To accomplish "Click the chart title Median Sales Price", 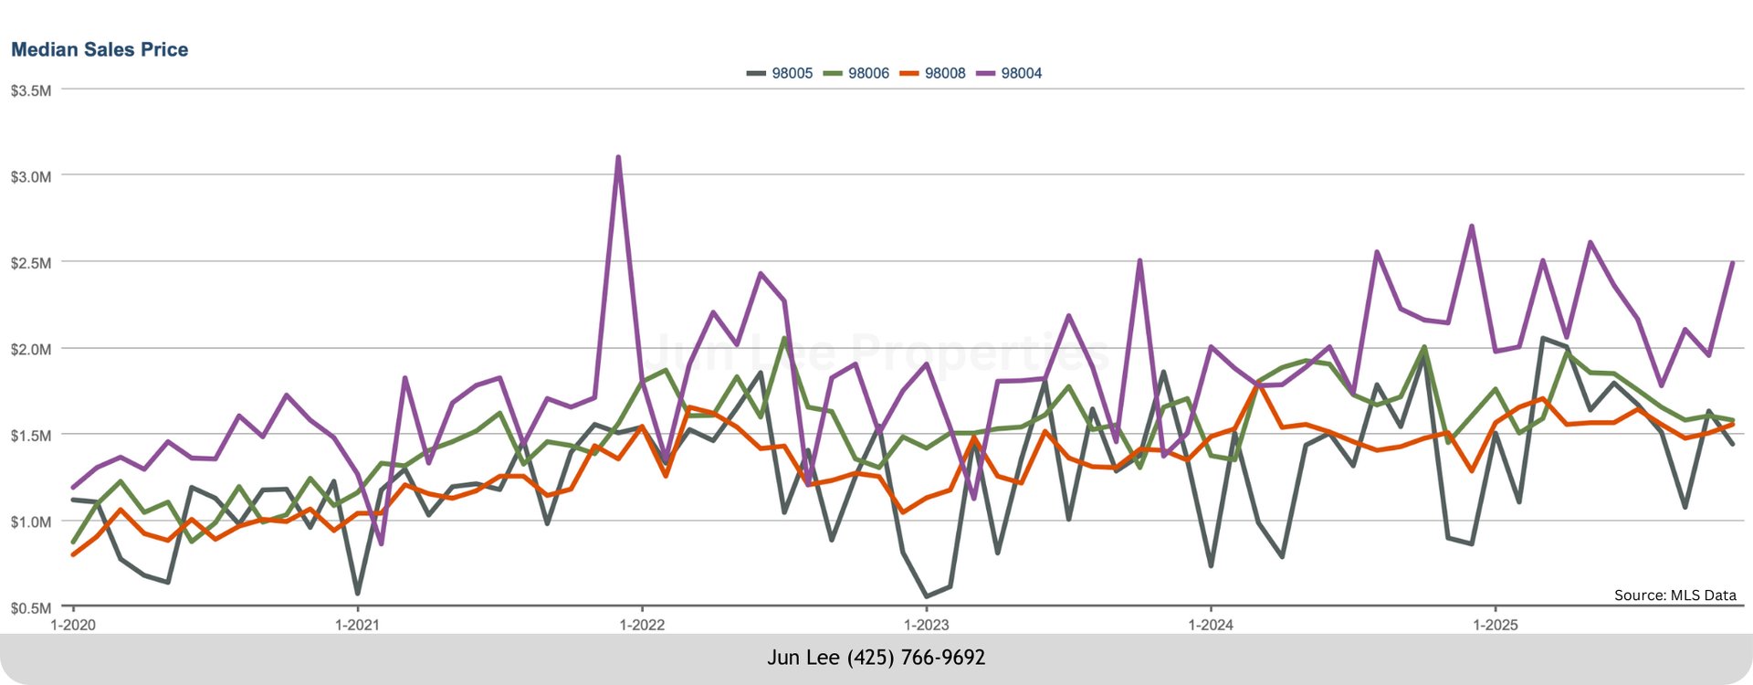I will pyautogui.click(x=100, y=49).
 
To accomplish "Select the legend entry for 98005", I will pyautogui.click(x=791, y=73).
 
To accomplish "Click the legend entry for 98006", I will pyautogui.click(x=867, y=73).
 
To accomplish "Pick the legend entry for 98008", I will pyautogui.click(x=944, y=73).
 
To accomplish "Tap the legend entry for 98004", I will pyautogui.click(x=1021, y=73).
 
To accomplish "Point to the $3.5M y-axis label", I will pyautogui.click(x=30, y=90).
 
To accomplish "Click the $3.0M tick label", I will pyautogui.click(x=30, y=176).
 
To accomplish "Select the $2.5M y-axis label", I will pyautogui.click(x=30, y=263).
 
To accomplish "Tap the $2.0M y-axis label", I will pyautogui.click(x=30, y=349).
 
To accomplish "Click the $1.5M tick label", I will pyautogui.click(x=30, y=436).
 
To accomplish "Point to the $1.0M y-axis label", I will pyautogui.click(x=30, y=522).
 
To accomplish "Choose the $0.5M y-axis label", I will pyautogui.click(x=30, y=608).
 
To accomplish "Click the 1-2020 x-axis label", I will pyautogui.click(x=73, y=625).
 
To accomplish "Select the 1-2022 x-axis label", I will pyautogui.click(x=642, y=625).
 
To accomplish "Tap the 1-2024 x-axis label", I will pyautogui.click(x=1211, y=625).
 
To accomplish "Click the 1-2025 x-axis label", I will pyautogui.click(x=1496, y=625).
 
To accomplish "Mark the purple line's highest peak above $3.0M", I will pyautogui.click(x=618, y=157).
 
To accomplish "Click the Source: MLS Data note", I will pyautogui.click(x=1674, y=595).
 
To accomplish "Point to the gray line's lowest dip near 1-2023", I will pyautogui.click(x=927, y=596).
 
